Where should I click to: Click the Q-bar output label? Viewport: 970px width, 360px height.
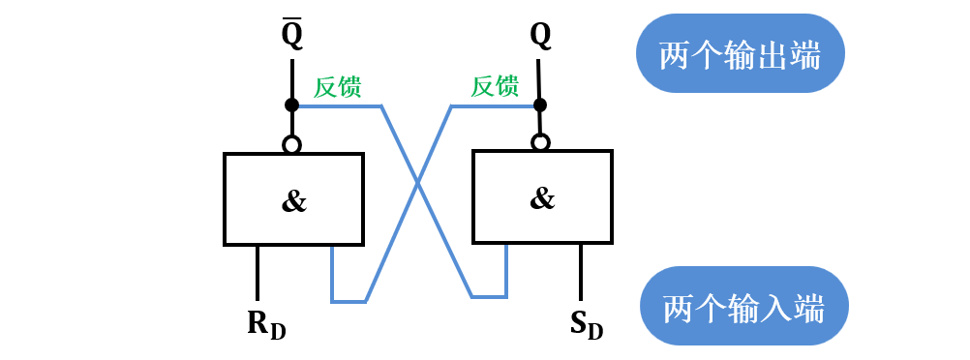(291, 37)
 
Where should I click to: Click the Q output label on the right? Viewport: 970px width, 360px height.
(540, 37)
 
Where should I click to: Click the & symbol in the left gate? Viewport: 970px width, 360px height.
(293, 200)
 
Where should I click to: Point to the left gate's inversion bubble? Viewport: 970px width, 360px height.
(291, 144)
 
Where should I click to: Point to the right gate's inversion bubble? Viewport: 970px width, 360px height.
(540, 142)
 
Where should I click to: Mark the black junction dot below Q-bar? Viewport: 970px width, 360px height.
(291, 105)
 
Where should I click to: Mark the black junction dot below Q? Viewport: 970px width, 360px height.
(540, 104)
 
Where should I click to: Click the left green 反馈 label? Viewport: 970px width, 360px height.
(338, 87)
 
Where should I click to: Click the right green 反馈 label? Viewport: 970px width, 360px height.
(495, 87)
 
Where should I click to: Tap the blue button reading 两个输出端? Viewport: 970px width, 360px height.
(741, 54)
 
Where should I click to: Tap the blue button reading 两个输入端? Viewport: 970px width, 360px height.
(744, 309)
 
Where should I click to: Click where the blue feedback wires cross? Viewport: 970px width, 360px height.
(417, 181)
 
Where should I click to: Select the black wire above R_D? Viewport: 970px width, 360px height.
(258, 272)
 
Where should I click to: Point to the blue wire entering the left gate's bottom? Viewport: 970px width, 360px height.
(332, 271)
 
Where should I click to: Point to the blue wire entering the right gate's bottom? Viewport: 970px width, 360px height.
(506, 268)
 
